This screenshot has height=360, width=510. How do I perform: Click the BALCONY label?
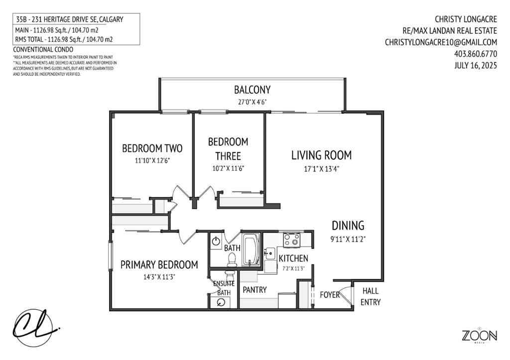(252, 90)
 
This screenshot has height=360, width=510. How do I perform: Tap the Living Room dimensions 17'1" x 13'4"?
(321, 169)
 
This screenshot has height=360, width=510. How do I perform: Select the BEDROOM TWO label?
(152, 148)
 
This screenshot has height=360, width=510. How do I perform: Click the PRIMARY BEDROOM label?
(159, 264)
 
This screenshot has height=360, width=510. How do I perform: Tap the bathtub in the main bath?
(250, 249)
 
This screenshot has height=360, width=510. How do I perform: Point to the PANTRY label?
(255, 289)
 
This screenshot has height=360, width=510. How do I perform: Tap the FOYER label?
(329, 294)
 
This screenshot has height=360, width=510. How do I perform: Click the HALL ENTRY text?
(371, 296)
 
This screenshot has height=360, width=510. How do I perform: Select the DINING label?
(348, 225)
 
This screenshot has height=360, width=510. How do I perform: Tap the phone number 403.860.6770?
(475, 54)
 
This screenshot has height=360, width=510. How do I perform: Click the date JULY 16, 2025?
(476, 65)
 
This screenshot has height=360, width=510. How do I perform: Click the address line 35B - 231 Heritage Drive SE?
(69, 19)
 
